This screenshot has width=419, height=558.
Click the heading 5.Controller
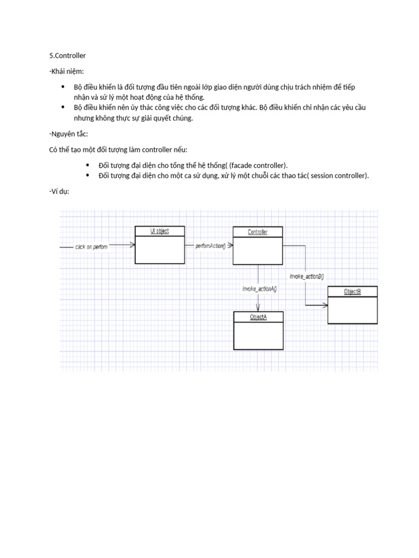coord(68,56)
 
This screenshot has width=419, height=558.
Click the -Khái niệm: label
coord(67,71)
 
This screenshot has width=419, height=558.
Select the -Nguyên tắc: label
coord(68,134)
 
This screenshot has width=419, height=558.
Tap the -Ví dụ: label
coord(59,191)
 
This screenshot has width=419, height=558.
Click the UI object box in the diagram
coord(159,245)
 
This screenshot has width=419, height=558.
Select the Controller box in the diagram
coord(258,245)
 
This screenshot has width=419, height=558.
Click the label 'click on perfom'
coord(92,247)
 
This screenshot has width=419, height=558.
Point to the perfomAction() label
coord(210,246)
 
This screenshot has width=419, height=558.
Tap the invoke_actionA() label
coord(260,289)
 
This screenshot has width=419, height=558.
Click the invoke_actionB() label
coord(307,276)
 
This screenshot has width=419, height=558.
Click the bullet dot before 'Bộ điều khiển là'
coord(63,87)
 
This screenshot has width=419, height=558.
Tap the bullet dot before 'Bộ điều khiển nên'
coord(63,107)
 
